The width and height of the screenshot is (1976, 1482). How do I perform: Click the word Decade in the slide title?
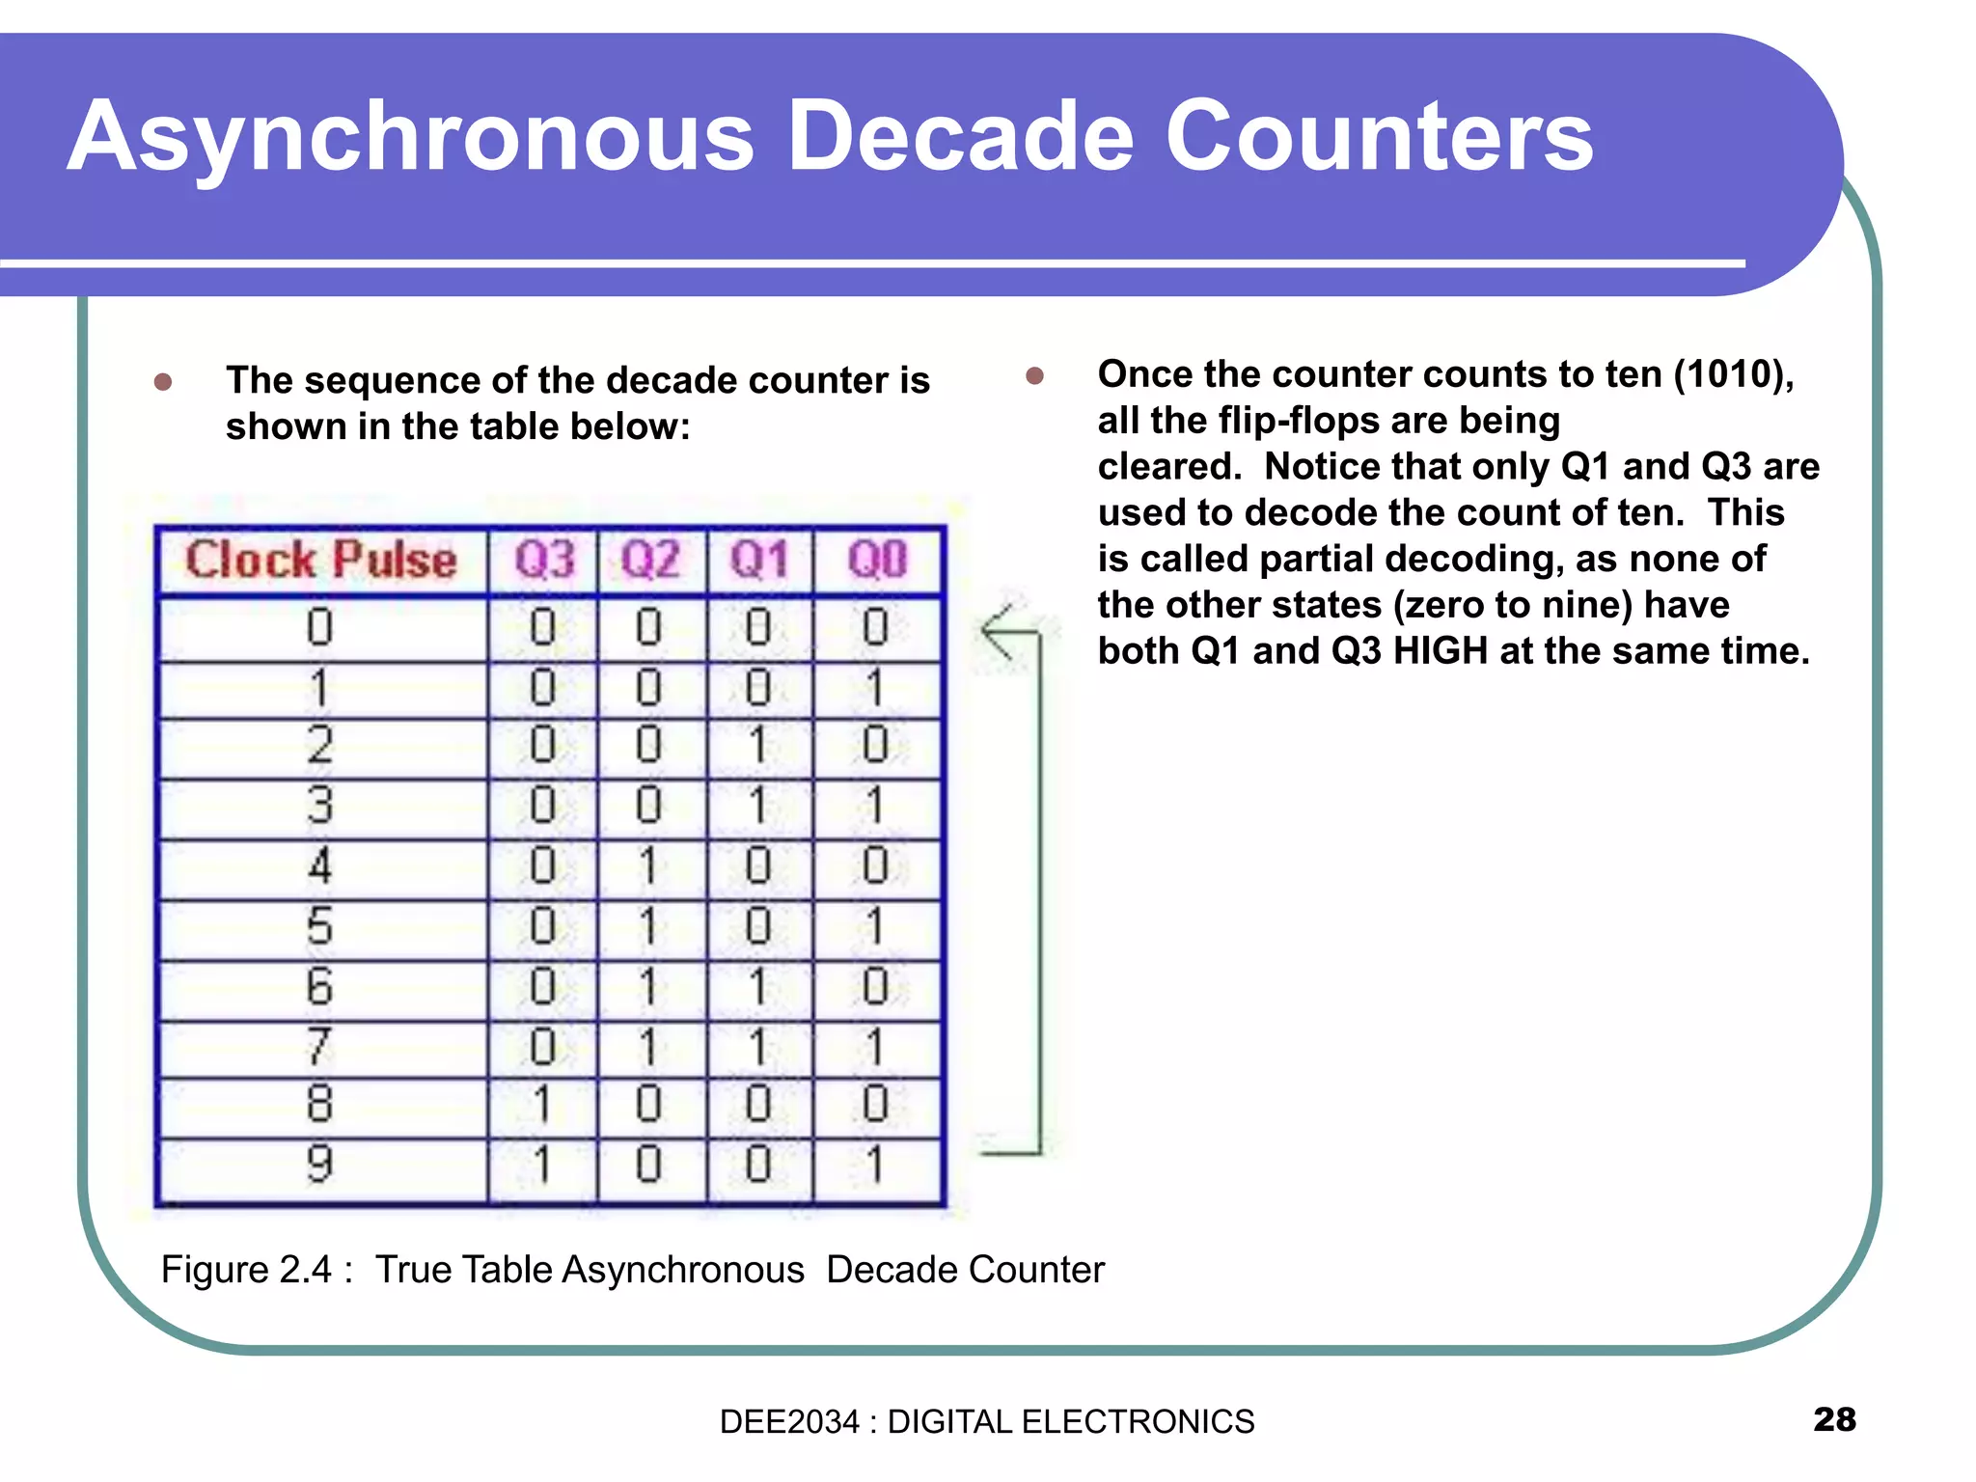(959, 137)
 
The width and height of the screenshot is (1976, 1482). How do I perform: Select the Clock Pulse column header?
(321, 561)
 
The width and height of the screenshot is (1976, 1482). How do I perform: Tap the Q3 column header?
(544, 561)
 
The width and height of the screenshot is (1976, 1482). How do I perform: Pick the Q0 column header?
(877, 561)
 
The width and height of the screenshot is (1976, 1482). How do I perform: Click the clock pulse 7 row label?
(319, 1047)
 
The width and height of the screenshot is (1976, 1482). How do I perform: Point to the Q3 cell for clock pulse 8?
(542, 1105)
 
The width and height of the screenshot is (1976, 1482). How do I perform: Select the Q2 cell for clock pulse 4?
(649, 865)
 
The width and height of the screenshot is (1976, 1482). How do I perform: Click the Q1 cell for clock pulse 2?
(758, 746)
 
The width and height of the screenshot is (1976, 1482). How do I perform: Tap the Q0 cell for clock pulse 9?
(875, 1165)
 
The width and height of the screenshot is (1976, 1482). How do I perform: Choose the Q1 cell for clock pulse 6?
(758, 987)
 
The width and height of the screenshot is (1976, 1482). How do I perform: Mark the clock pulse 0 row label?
(319, 628)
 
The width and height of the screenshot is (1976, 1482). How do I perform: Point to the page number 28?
(1834, 1419)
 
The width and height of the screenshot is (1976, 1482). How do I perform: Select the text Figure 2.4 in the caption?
(246, 1270)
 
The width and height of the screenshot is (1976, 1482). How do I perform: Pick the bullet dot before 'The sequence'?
(163, 382)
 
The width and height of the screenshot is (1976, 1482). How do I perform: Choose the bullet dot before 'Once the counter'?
(1035, 375)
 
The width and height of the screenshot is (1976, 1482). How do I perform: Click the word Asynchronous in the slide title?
(410, 137)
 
